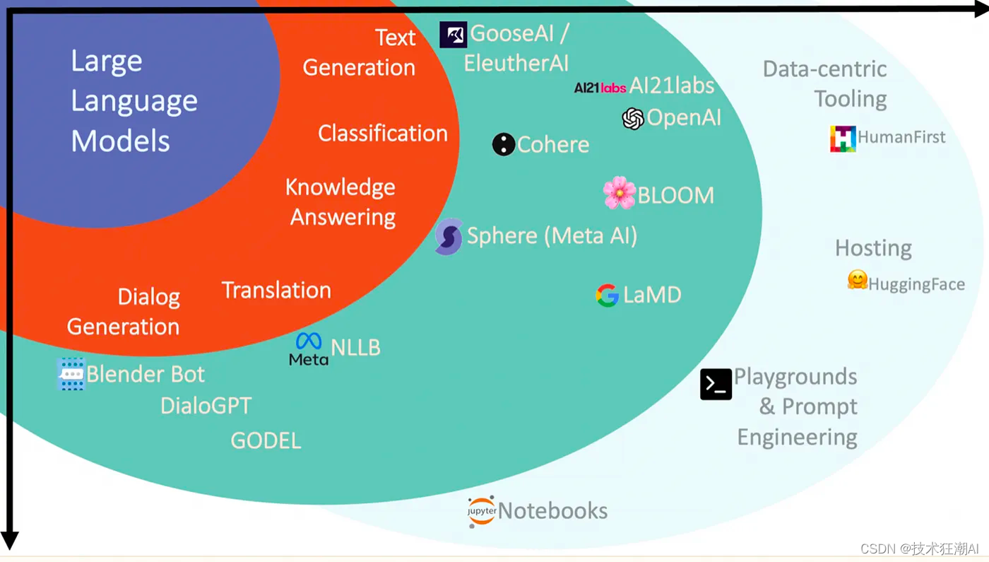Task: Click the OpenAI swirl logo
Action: pos(633,119)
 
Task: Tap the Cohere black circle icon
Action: pos(504,144)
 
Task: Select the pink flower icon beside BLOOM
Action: pos(620,193)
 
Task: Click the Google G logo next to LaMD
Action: pos(607,295)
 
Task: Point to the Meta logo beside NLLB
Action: pos(309,349)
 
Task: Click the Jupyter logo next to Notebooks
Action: pos(481,511)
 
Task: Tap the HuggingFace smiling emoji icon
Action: pos(857,280)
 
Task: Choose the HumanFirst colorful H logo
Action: pos(843,139)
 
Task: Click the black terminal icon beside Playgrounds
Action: pos(716,385)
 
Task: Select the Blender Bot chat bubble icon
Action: pos(71,374)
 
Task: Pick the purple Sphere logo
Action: pos(449,236)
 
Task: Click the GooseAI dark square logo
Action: pos(453,35)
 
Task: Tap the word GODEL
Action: pos(266,440)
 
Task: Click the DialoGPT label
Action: pos(206,406)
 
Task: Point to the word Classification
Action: pos(382,133)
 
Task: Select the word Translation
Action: pos(276,290)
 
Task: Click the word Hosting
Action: pos(873,248)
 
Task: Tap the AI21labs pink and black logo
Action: pos(600,88)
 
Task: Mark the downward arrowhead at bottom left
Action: pos(9,540)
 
